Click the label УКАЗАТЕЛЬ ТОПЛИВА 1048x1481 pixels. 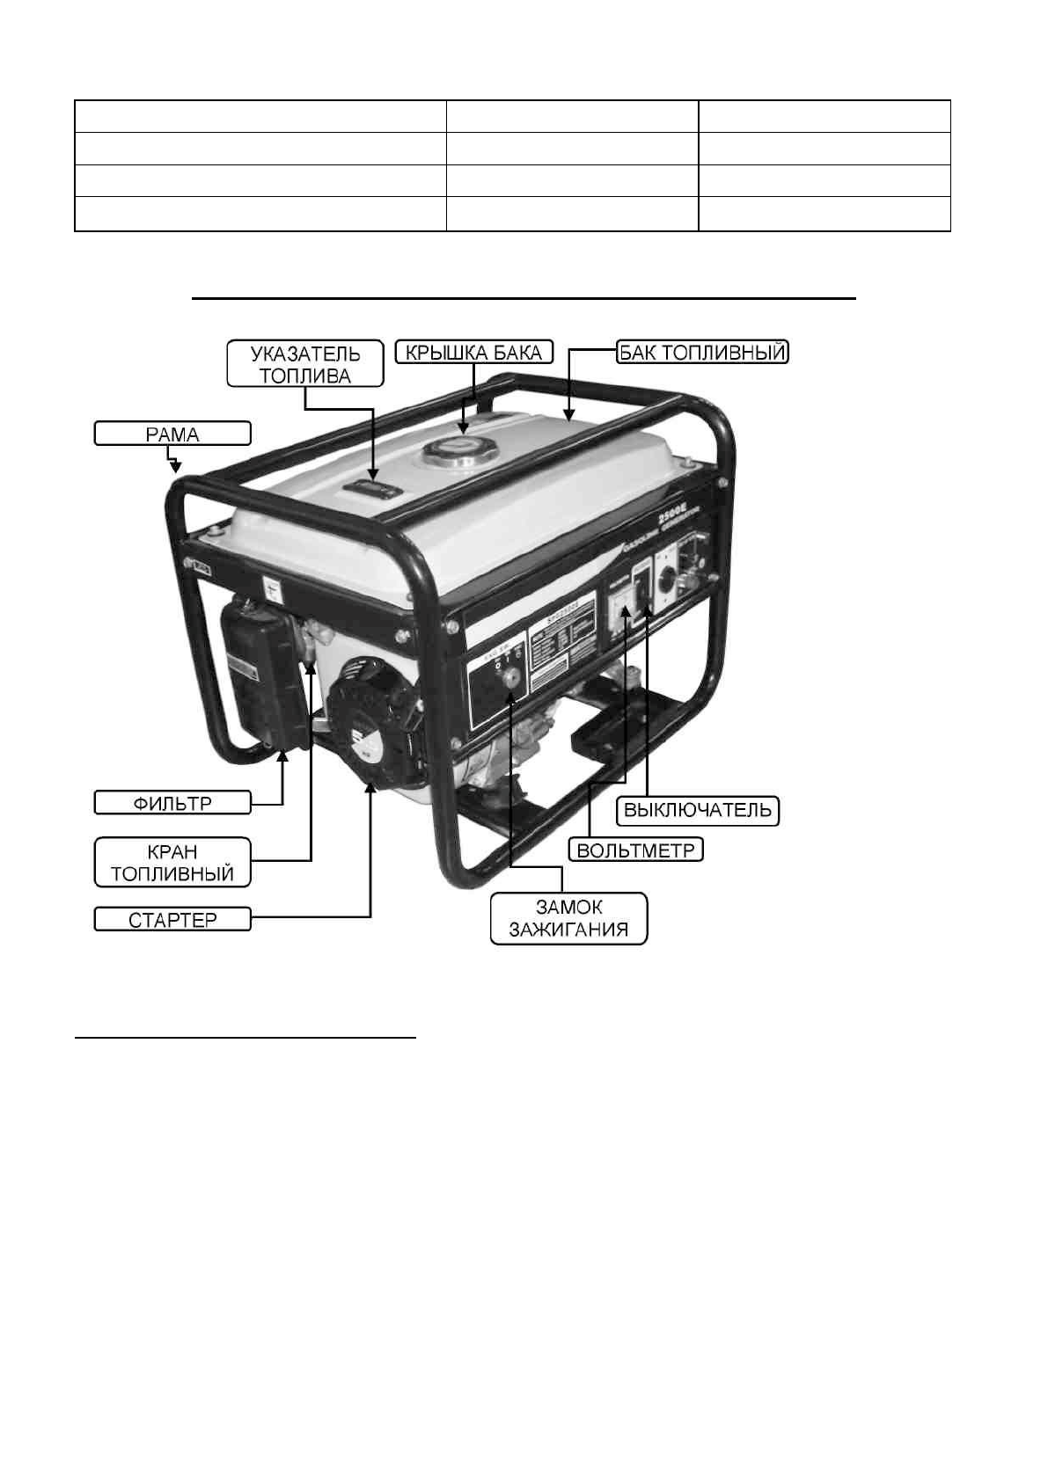305,363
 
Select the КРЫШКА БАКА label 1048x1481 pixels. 474,353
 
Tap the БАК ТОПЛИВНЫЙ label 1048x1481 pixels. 701,353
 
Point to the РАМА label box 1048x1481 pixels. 172,434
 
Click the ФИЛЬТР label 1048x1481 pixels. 172,803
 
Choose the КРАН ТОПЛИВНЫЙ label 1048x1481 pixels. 172,863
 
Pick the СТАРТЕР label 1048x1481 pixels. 172,921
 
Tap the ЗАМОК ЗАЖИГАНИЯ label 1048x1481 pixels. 568,919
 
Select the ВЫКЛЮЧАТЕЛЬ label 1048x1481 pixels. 697,810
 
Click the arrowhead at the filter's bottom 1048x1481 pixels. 282,755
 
